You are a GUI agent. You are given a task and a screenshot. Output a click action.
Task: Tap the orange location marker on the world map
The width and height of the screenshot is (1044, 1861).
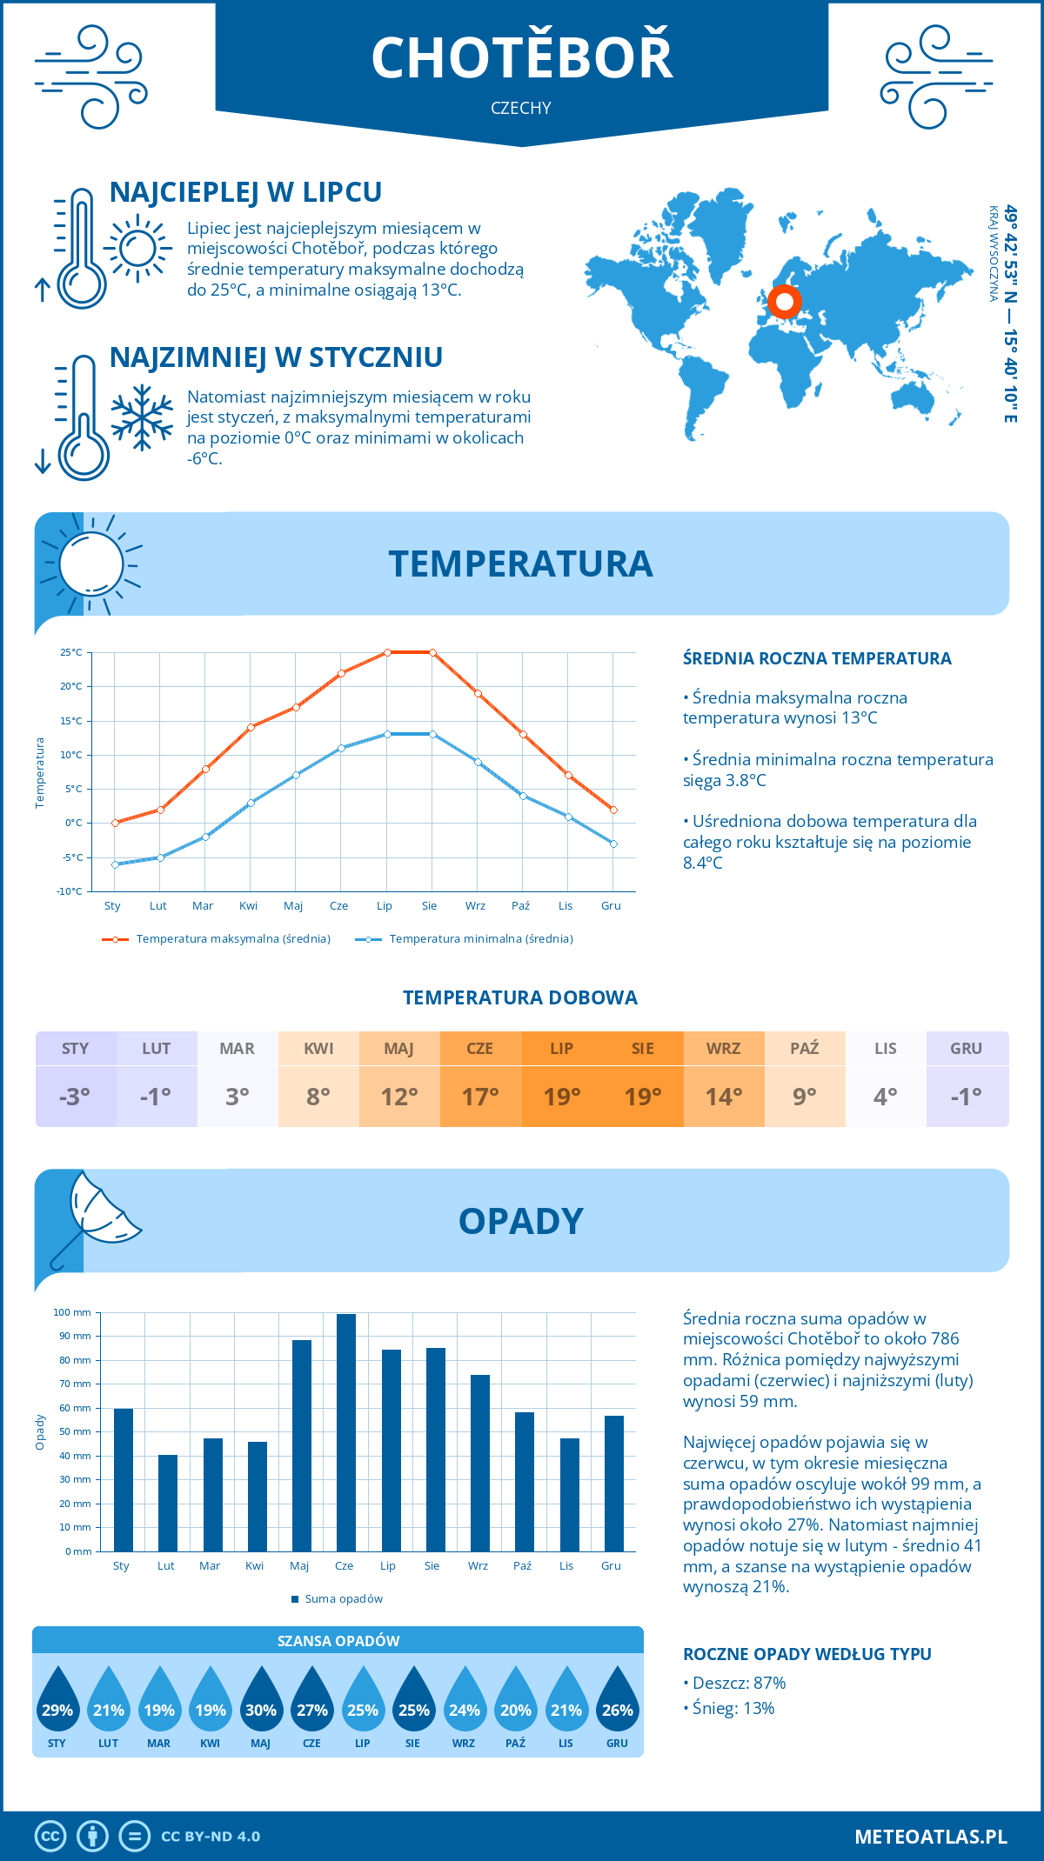pos(785,302)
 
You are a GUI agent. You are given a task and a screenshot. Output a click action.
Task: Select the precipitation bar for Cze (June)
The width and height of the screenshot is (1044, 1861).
pos(346,1431)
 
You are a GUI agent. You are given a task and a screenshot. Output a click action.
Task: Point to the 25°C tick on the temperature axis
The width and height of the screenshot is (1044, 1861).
pos(71,652)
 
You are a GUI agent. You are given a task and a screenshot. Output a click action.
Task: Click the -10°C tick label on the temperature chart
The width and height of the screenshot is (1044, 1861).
pos(70,891)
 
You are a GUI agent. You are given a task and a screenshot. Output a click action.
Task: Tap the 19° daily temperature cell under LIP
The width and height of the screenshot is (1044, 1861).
pos(562,1097)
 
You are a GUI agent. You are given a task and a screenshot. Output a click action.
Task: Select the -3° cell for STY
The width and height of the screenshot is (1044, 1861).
pos(75,1097)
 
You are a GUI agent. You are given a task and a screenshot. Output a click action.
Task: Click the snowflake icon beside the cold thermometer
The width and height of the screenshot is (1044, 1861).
pos(142,417)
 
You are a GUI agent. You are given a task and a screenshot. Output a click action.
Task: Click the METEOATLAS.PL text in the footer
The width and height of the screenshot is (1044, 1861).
pos(931,1836)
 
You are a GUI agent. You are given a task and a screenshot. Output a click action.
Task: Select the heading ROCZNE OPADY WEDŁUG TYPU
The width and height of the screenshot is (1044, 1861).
pos(806,1654)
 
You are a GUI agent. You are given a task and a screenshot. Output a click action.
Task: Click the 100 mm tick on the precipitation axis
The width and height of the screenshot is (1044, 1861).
pos(72,1312)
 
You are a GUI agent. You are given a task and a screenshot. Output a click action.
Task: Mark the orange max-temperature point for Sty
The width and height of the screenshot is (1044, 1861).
pos(115,823)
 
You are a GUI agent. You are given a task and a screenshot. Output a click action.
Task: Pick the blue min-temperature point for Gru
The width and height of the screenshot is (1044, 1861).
pos(613,844)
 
